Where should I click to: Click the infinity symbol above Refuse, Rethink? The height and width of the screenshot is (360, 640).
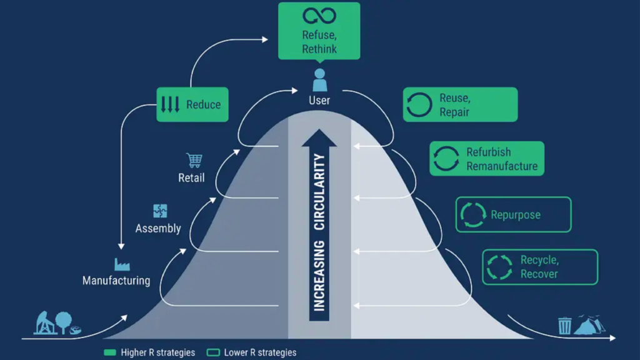click(x=319, y=16)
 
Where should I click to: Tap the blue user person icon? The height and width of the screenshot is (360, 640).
click(x=319, y=80)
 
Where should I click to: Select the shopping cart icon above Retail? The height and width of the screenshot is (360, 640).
click(x=194, y=160)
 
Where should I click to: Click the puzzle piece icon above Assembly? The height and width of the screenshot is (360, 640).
click(x=160, y=211)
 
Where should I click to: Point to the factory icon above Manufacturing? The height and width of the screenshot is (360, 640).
click(x=122, y=264)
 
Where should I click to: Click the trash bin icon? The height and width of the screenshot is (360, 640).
click(x=565, y=325)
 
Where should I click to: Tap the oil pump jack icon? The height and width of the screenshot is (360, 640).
click(x=45, y=323)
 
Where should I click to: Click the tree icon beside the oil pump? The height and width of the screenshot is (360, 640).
click(x=64, y=322)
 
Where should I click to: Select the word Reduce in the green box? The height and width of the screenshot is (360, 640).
click(x=203, y=104)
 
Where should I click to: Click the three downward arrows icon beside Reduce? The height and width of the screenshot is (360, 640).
click(x=170, y=104)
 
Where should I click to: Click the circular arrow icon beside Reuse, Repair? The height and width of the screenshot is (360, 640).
click(x=419, y=105)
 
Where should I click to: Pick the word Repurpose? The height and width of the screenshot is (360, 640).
click(x=516, y=215)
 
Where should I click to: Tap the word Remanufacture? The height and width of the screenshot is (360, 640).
click(x=502, y=166)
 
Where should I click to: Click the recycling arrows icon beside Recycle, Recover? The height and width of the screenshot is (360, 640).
click(x=499, y=267)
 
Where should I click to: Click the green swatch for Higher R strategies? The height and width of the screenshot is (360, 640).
click(x=110, y=352)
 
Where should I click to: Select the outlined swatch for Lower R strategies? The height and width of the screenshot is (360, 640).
click(x=213, y=352)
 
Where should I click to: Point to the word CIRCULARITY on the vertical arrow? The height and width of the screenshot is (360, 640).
click(x=319, y=192)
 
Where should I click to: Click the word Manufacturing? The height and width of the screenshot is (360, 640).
click(x=116, y=281)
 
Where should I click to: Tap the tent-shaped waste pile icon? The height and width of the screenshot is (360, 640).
click(x=589, y=325)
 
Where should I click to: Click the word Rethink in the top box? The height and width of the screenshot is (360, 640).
click(x=319, y=49)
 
